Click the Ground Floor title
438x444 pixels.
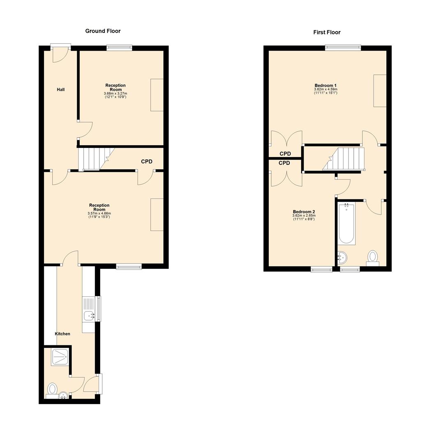(103, 31)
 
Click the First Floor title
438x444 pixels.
(327, 32)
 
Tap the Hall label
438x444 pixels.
(60, 90)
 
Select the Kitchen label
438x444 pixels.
(62, 334)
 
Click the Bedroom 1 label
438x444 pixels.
(325, 86)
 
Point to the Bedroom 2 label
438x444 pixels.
(304, 212)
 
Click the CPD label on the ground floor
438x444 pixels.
(147, 162)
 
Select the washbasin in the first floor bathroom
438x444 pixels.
(342, 258)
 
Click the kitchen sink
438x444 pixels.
(89, 316)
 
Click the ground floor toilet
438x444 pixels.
(52, 389)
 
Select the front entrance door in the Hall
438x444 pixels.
(60, 53)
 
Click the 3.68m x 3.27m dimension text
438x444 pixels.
(115, 94)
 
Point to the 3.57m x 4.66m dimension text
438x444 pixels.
(99, 213)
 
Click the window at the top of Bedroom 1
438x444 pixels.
(343, 48)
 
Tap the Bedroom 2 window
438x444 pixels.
(321, 270)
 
